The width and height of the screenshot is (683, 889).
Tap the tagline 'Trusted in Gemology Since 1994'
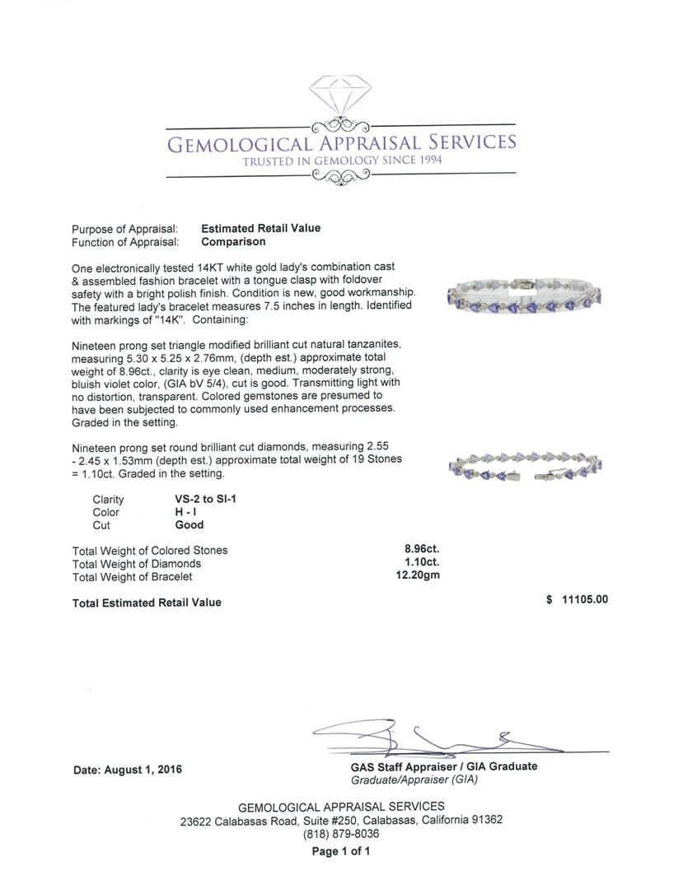[342, 161]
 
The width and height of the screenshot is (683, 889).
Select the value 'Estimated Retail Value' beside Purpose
[260, 228]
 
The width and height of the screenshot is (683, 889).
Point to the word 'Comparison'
[233, 242]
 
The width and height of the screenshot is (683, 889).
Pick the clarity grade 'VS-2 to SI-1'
[201, 499]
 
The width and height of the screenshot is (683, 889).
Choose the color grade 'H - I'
[176, 512]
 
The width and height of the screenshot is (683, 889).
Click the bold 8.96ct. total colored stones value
[420, 550]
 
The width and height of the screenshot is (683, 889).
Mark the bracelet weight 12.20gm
[418, 575]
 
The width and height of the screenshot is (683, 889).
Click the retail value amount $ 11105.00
[577, 599]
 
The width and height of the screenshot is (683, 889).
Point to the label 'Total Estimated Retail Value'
[147, 603]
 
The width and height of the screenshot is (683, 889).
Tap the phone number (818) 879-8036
[341, 834]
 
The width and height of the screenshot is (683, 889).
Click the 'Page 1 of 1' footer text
[341, 852]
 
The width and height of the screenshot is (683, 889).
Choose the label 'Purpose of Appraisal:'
[124, 229]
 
